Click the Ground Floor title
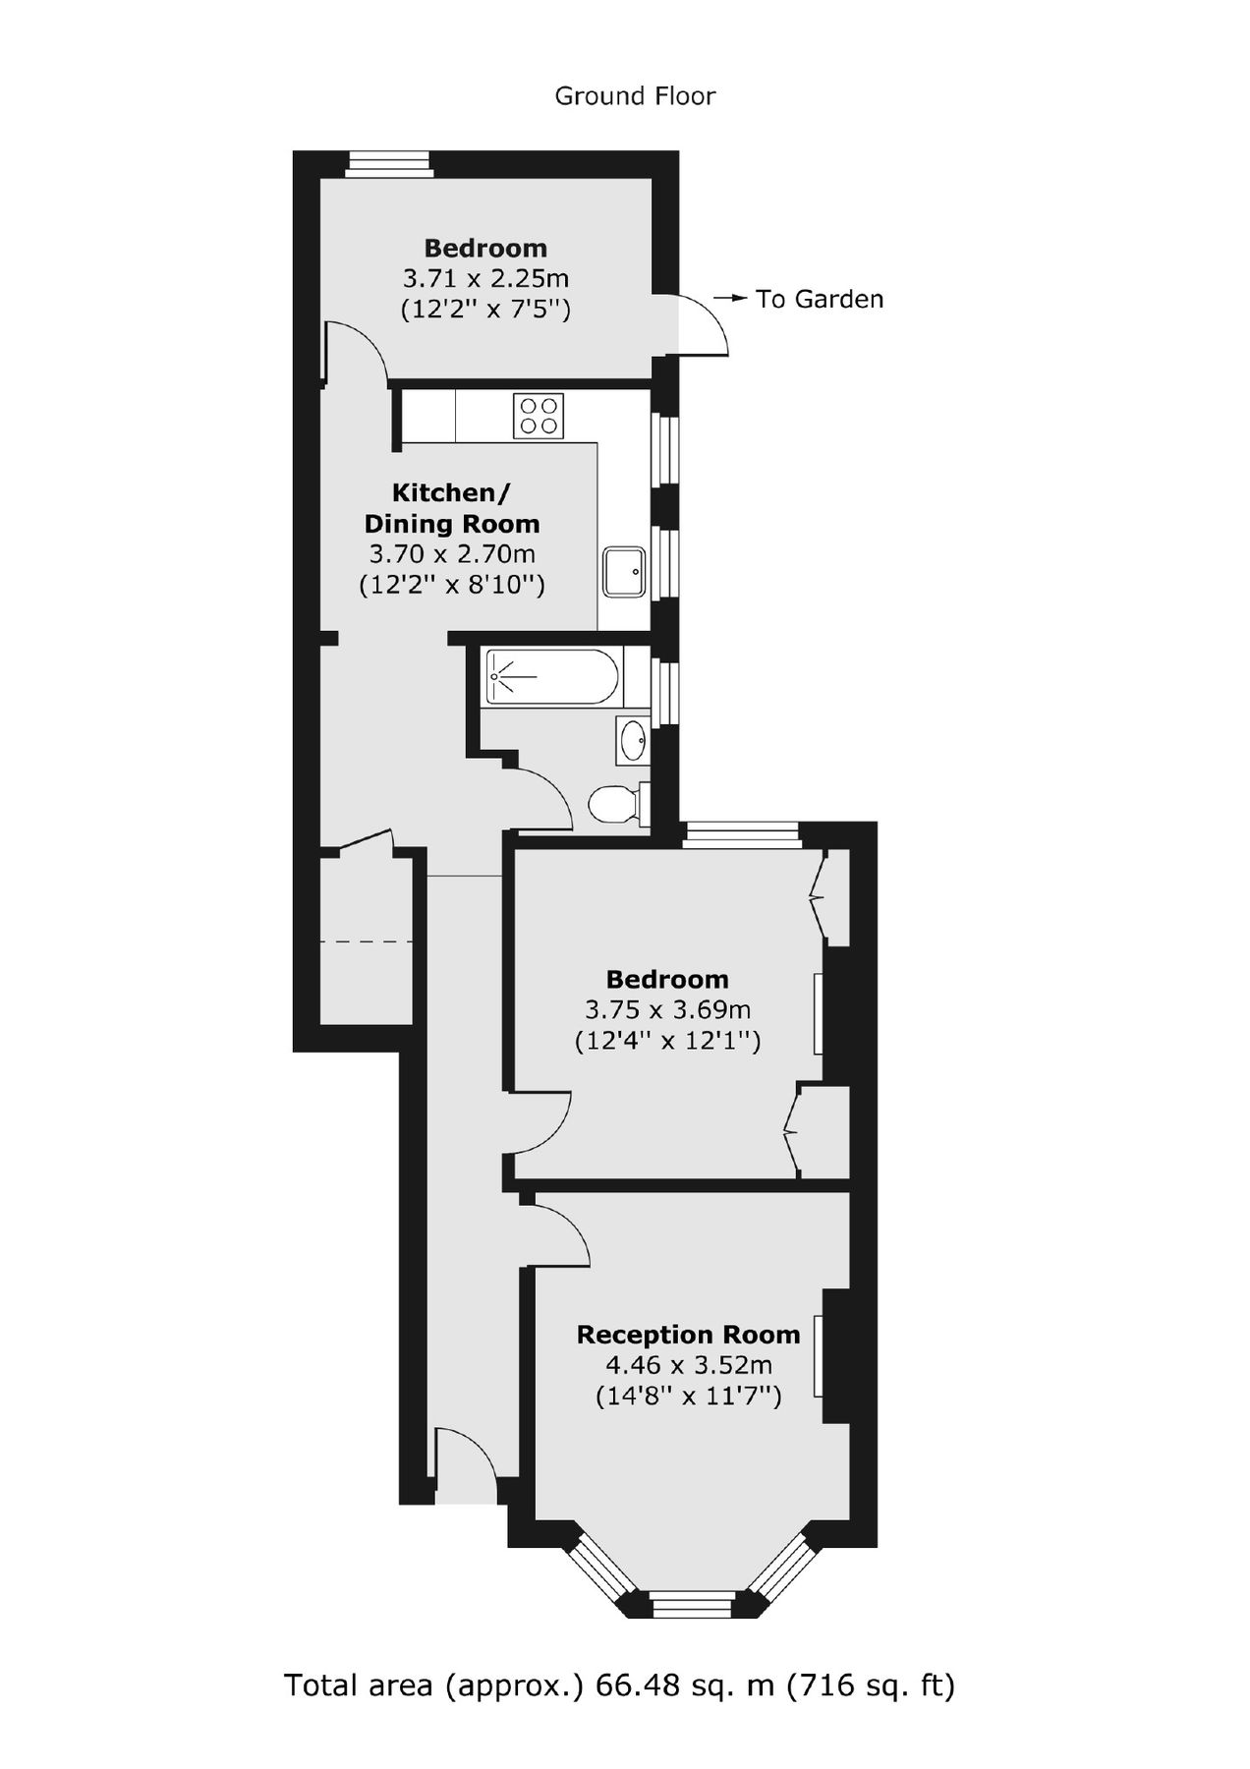tap(635, 96)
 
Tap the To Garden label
tap(820, 299)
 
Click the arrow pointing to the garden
tap(730, 297)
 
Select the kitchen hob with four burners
tap(539, 416)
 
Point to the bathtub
tap(552, 677)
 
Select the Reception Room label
tap(688, 1335)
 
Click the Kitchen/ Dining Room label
tap(452, 508)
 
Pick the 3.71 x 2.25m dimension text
tap(485, 278)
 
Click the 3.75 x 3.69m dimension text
tap(667, 1009)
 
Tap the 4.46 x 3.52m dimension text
tap(688, 1365)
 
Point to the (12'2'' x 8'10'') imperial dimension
tap(452, 586)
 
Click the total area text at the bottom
tap(619, 1685)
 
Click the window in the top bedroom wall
tap(389, 164)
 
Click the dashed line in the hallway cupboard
tap(366, 942)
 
